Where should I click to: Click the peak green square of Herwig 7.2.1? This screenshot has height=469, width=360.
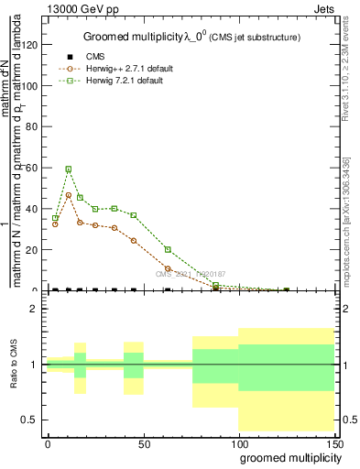69,169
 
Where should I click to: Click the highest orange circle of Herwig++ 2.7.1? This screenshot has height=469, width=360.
69,195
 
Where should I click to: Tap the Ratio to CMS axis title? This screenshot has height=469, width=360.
15,365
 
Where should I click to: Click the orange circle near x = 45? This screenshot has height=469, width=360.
134,241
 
